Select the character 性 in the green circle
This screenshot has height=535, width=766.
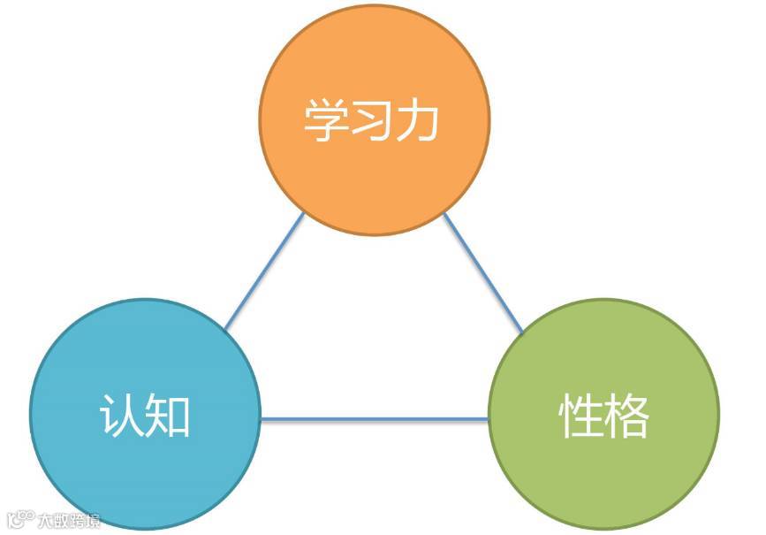click(580, 416)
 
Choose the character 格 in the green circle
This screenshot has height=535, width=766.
click(628, 416)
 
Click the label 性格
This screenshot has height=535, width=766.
click(604, 416)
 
